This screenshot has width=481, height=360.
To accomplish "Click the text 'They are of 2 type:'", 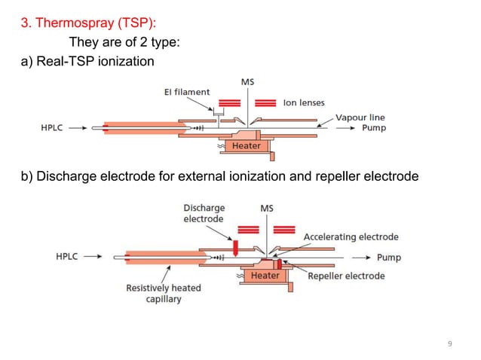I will coord(124,41).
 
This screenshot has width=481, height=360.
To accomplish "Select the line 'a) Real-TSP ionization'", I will coord(89,61).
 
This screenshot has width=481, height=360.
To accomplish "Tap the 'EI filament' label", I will coord(187,92).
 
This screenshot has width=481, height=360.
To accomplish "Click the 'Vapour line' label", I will coord(362,117).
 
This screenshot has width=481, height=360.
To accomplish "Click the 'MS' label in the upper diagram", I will coord(247,80).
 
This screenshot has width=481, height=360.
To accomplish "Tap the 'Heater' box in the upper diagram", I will coord(246,145).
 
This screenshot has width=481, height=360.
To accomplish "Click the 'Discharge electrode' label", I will coord(204,212).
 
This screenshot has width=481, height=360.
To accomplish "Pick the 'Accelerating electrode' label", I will coord(351,236).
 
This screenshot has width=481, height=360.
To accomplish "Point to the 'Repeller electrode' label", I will coord(346,276).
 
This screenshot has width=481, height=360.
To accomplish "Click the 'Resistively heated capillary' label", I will coord(164,293).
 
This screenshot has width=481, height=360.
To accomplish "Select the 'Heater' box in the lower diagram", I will coord(265,276).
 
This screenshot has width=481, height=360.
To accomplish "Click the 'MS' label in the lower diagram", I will coord(267,207).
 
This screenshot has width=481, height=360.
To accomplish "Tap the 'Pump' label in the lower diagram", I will coord(388,257).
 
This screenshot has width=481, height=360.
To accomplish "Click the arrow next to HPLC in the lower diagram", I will coord(93,257).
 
